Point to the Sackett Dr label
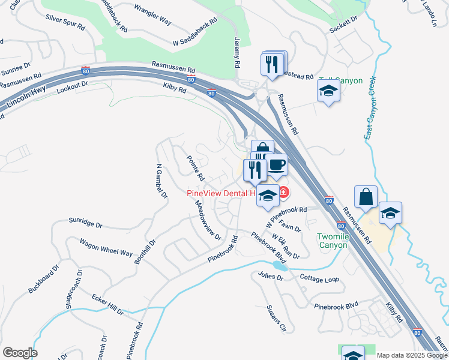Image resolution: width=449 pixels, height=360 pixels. point(343,31)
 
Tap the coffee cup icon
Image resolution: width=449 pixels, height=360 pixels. point(276,164)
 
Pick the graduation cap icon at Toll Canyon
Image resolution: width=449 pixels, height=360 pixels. point(328,91)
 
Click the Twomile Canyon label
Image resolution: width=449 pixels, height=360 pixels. point(332,241)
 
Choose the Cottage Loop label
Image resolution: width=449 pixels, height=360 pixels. point(319,279)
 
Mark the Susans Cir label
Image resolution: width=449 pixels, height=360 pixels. point(277,318)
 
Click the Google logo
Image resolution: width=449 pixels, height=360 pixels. point(20,353)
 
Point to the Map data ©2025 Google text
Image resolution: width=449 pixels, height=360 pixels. point(412,355)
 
